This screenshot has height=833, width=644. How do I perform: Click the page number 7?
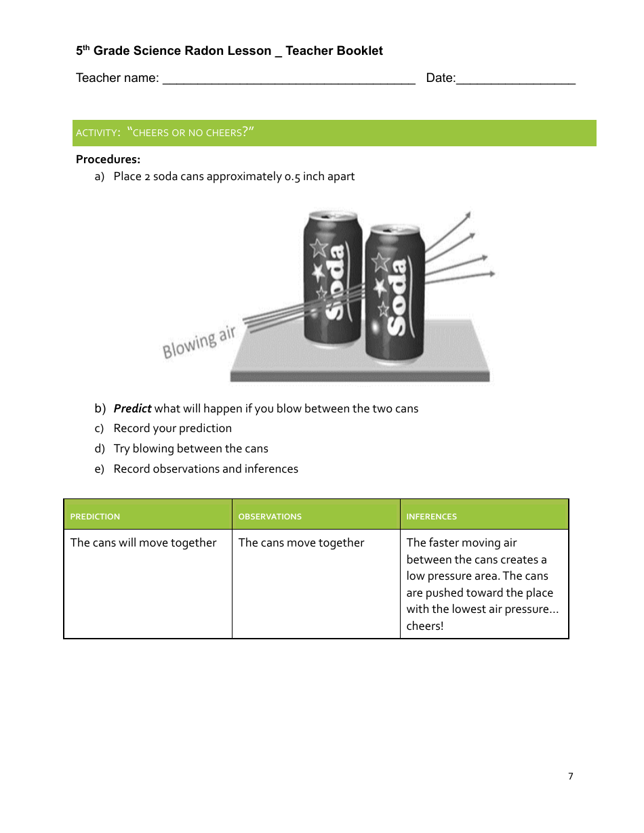point(570,776)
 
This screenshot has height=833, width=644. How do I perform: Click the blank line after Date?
point(516,80)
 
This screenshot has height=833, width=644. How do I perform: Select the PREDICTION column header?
point(95,516)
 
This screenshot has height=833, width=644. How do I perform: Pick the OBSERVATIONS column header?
point(270,516)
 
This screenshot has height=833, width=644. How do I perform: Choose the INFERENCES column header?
point(431,516)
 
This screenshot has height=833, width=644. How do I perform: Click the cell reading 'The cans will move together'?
point(144,542)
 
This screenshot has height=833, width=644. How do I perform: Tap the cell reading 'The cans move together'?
point(301,542)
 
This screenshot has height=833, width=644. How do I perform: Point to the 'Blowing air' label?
point(199,342)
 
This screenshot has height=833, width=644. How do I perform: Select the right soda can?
point(395,295)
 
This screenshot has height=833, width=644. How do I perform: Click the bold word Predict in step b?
point(132,408)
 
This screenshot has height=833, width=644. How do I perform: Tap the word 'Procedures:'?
point(108,160)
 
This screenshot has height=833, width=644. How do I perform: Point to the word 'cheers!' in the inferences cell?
point(425,626)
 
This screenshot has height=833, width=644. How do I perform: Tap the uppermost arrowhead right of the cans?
point(466,215)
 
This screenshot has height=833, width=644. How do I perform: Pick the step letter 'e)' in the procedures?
point(100,469)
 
